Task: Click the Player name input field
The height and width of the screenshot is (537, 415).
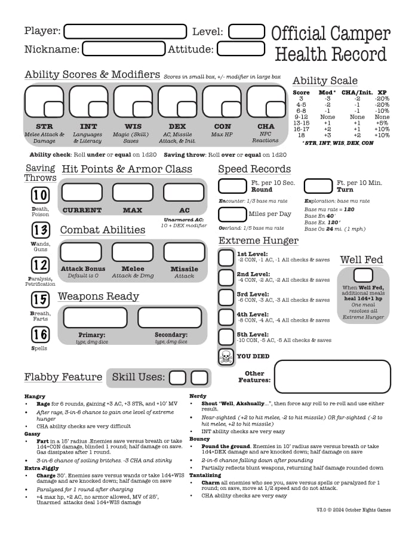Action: pyautogui.click(x=125, y=31)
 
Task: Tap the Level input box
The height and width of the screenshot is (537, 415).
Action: pyautogui.click(x=246, y=31)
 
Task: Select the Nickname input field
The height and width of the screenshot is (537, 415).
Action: pyautogui.click(x=123, y=48)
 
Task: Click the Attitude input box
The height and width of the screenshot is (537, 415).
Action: pyautogui.click(x=241, y=48)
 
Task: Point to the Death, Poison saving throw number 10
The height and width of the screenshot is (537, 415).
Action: pyautogui.click(x=40, y=195)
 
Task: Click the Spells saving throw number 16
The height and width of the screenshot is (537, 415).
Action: pyautogui.click(x=40, y=334)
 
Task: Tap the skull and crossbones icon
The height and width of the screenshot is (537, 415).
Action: pyautogui.click(x=226, y=357)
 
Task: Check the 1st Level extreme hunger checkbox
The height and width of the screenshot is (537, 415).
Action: pyautogui.click(x=226, y=258)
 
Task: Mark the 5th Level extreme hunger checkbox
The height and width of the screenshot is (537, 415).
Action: pyautogui.click(x=226, y=337)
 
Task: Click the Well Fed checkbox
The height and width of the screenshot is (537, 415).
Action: pyautogui.click(x=362, y=275)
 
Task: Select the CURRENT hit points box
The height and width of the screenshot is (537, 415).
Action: pyautogui.click(x=82, y=192)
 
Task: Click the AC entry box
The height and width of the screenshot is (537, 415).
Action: pyautogui.click(x=183, y=192)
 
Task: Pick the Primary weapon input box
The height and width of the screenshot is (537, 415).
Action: pyautogui.click(x=95, y=317)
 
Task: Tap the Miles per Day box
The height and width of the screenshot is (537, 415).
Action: pyautogui.click(x=232, y=214)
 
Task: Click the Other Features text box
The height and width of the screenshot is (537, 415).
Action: pyautogui.click(x=332, y=376)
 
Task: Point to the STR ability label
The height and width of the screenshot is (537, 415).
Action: pyautogui.click(x=44, y=126)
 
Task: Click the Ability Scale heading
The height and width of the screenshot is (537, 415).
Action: pyautogui.click(x=325, y=81)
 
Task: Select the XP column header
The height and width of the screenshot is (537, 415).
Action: pyautogui.click(x=382, y=92)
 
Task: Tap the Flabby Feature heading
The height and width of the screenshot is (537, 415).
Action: pyautogui.click(x=63, y=377)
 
